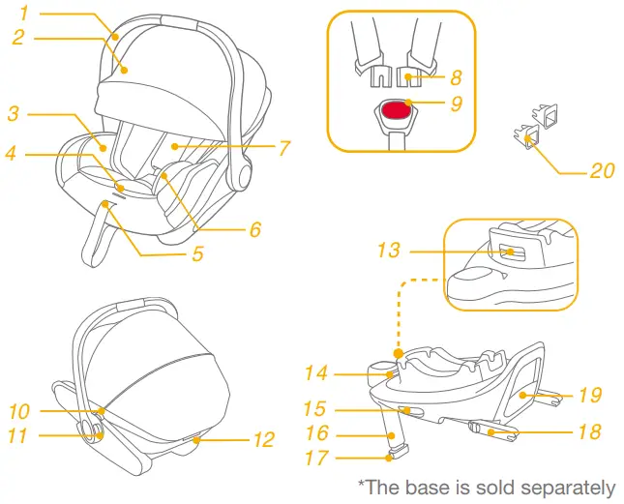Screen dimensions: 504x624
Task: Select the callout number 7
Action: (x=283, y=148)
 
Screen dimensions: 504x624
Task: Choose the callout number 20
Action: (x=601, y=171)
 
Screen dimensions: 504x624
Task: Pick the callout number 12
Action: (x=263, y=440)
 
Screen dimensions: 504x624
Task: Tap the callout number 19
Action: (x=589, y=396)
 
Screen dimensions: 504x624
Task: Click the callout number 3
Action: (x=13, y=113)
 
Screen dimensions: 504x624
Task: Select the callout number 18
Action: (x=589, y=432)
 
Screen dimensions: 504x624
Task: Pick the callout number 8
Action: (x=455, y=74)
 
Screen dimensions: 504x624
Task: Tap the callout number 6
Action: (x=255, y=229)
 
